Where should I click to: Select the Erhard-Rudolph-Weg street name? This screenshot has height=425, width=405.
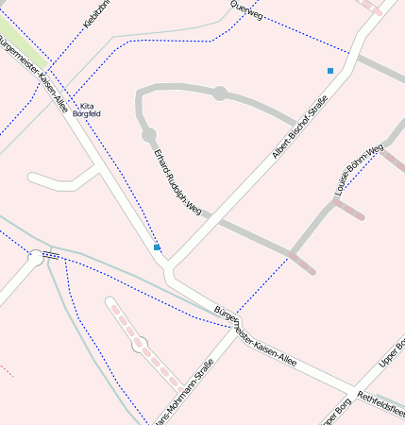point(178,179)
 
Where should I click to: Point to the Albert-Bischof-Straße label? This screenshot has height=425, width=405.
point(299,126)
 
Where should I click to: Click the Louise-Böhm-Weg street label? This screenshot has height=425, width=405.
point(359,170)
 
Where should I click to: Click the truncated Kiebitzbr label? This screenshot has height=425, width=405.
point(97,15)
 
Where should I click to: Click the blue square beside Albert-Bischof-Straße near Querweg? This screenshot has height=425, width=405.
point(330,71)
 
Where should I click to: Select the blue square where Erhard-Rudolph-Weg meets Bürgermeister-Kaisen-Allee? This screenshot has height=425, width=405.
point(157,247)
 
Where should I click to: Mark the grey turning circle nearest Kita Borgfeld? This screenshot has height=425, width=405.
point(149,136)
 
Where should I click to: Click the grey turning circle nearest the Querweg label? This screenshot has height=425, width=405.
point(220,93)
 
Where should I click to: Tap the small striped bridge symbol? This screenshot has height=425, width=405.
point(51,254)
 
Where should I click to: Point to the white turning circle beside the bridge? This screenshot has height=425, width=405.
point(36,255)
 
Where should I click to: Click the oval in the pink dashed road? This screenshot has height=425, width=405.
point(141,345)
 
